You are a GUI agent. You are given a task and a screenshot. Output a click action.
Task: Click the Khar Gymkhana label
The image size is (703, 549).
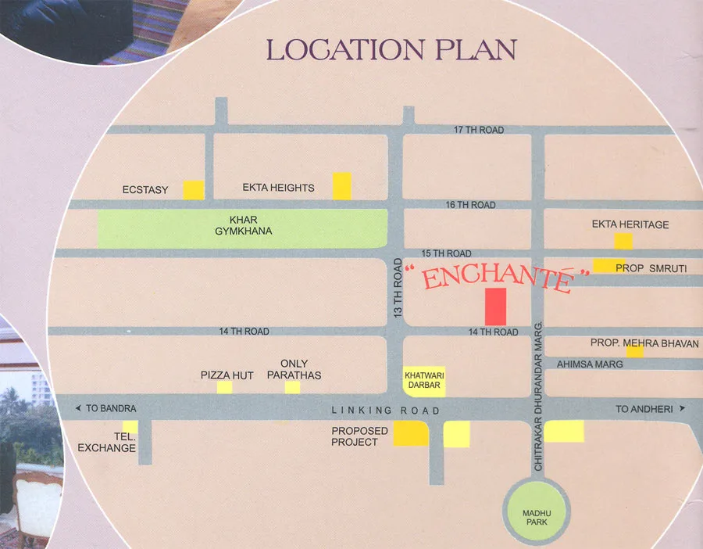coord(243,224)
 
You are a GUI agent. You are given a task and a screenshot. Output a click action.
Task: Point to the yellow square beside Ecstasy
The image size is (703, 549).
coord(194,189)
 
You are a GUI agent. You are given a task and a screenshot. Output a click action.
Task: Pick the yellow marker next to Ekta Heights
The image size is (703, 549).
coord(342,186)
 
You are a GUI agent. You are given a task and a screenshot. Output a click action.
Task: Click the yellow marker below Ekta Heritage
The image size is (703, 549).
coord(623,241)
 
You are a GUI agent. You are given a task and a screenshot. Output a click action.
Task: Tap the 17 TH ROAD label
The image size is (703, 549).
coord(479,130)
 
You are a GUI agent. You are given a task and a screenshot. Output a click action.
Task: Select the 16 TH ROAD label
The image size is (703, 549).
coord(470,205)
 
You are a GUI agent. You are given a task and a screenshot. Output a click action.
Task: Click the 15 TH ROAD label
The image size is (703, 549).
coord(446,253)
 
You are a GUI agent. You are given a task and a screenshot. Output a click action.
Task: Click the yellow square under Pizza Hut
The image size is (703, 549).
coord(225,387)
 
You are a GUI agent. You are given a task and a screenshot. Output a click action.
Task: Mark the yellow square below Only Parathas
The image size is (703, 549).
coord(292,387)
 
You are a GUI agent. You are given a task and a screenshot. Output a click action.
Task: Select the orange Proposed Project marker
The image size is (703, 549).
coord(410,433)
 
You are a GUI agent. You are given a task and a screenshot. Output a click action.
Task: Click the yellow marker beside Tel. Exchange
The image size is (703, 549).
coord(130,427)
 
